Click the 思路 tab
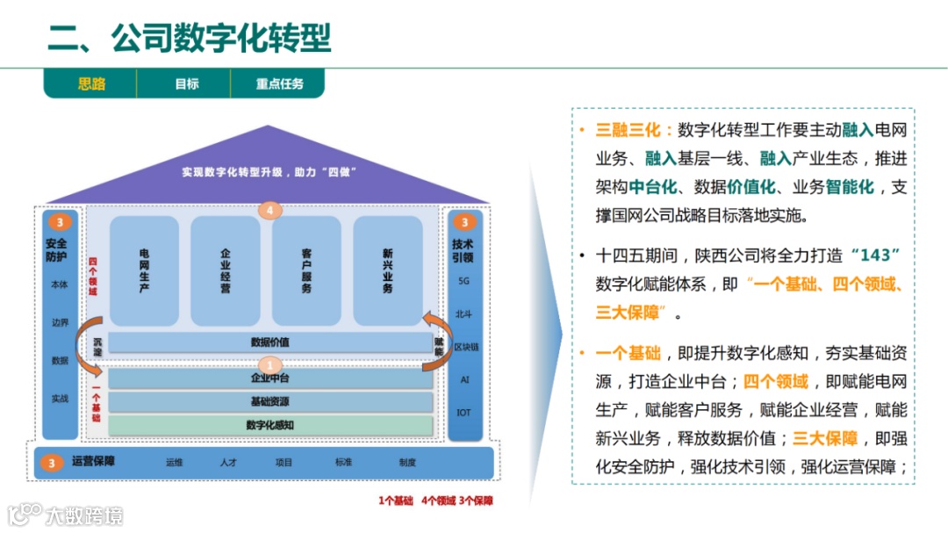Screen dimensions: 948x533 (91, 84)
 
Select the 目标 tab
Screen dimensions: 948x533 (186, 84)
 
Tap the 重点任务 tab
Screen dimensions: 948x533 (279, 84)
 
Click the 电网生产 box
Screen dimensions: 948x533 (144, 270)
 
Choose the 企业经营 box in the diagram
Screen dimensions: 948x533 (226, 270)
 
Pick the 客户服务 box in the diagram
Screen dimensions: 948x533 (306, 270)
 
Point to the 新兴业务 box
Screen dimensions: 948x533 (387, 270)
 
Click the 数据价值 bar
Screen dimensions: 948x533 (269, 342)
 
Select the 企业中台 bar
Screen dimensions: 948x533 (269, 378)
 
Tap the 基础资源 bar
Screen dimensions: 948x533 (269, 402)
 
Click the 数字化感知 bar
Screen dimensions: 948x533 (269, 425)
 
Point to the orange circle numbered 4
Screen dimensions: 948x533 (270, 211)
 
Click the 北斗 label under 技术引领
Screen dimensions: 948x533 (464, 313)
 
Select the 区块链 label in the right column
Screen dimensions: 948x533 (465, 347)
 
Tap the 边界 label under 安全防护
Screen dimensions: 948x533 (60, 322)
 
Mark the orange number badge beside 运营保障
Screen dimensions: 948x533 (52, 463)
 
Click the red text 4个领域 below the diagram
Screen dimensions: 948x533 (439, 501)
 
